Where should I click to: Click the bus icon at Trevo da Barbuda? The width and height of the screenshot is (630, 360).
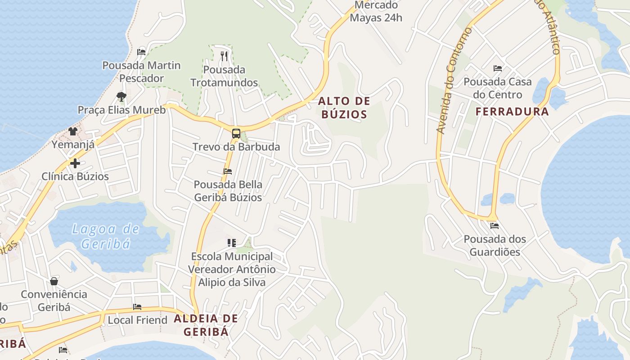coord(236,133)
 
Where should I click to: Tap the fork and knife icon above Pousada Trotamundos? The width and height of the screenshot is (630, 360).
coord(224,56)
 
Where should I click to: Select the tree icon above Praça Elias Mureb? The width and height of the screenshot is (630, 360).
coord(121,96)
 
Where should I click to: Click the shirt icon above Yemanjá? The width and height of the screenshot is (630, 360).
coord(73,131)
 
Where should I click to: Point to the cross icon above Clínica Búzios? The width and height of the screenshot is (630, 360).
coord(75,163)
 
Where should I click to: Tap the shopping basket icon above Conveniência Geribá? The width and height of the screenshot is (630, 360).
coord(54,281)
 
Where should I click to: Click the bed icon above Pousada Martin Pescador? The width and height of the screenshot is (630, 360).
coord(141,52)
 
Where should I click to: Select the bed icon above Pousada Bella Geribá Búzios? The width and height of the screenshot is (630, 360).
coord(228,171)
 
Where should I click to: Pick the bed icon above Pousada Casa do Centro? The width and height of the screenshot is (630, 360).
coord(497,68)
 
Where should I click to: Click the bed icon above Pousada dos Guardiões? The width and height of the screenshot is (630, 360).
coord(495,225)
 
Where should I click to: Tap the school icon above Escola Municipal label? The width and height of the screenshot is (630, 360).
coord(232,243)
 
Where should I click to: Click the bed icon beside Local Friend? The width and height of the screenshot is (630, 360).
coord(137,307)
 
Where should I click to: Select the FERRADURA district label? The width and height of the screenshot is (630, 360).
coord(512,112)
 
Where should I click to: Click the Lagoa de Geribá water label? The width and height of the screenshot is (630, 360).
coord(106,236)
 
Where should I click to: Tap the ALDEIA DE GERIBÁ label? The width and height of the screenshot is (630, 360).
coord(206,325)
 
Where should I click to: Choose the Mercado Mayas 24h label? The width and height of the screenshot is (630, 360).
coord(376,12)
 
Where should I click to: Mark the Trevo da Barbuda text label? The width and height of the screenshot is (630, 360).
coord(236,147)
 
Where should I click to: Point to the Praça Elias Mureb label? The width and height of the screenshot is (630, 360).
coord(121,110)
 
